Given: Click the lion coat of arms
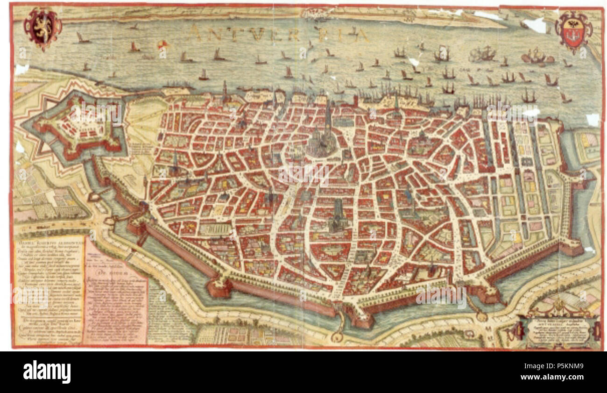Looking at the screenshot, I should [x=42, y=28].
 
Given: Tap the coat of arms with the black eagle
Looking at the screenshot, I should [x=574, y=31].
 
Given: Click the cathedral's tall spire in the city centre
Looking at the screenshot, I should [x=328, y=117].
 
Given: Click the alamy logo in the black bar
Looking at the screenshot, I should [x=47, y=372].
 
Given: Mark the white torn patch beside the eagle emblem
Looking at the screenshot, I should [x=537, y=24].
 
